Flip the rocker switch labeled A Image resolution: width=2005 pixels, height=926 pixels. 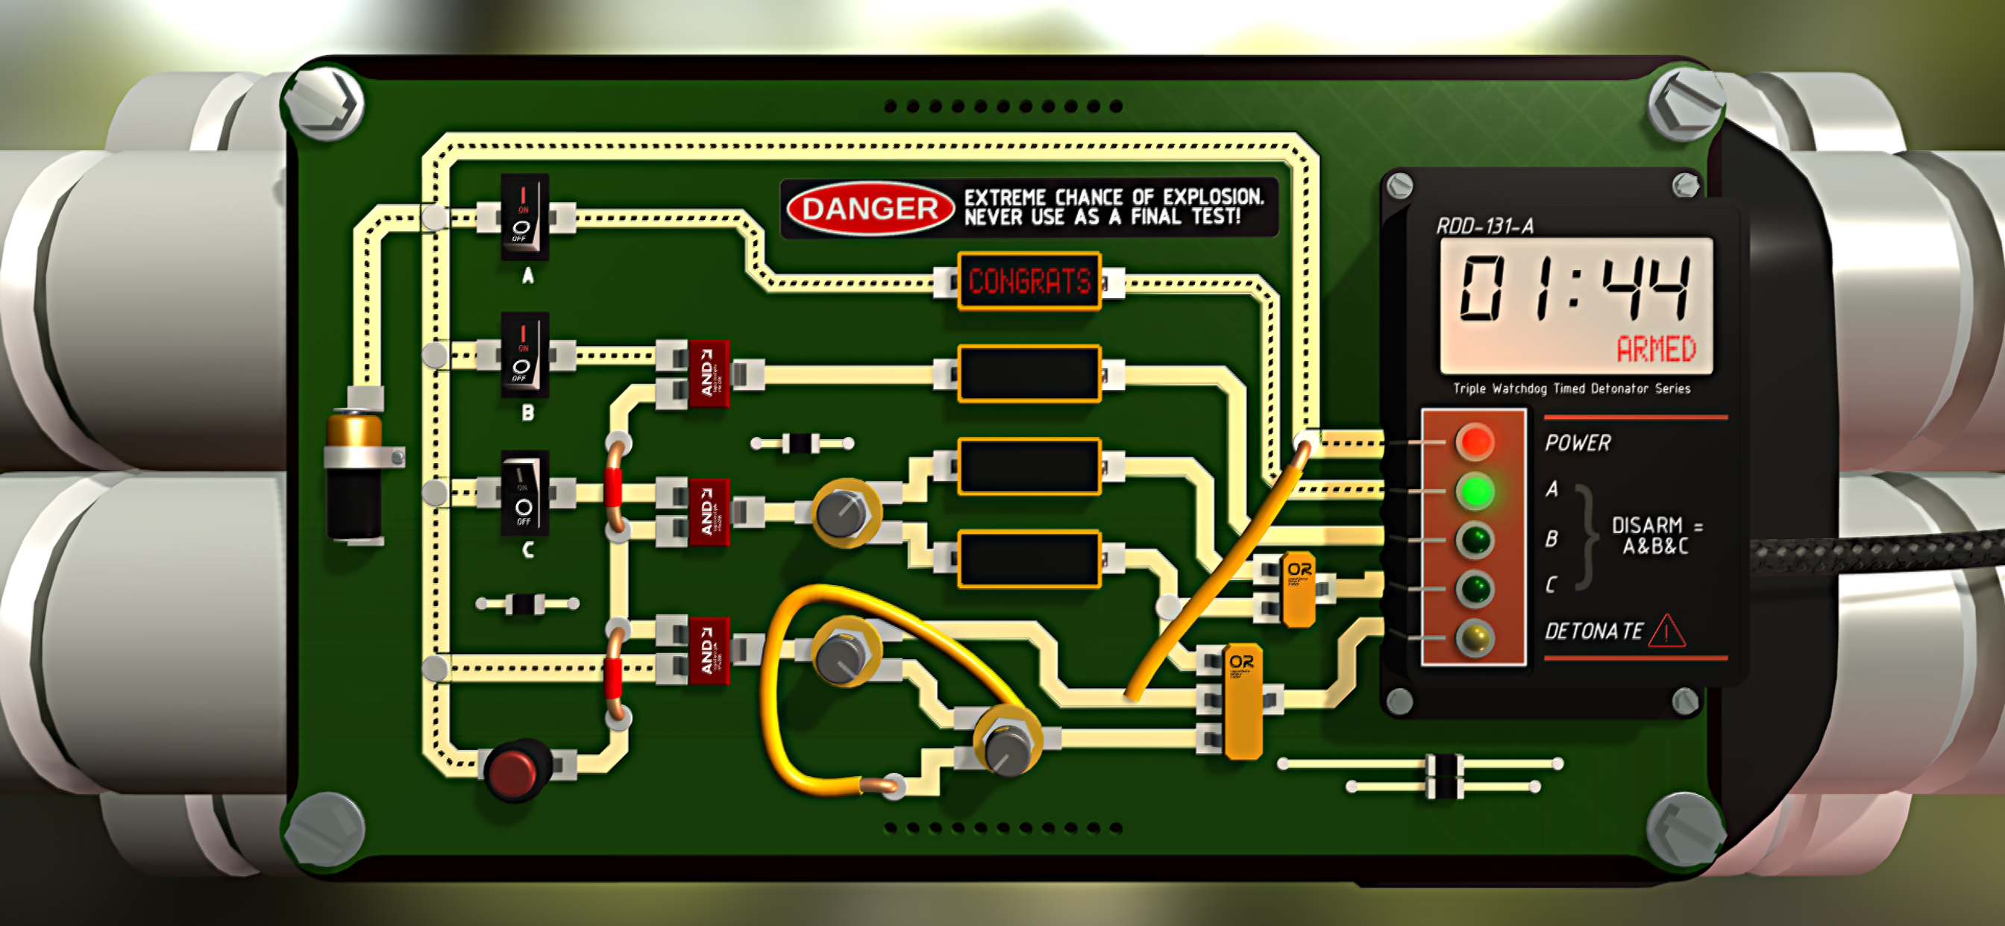524,216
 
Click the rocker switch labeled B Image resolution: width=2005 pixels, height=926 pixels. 524,356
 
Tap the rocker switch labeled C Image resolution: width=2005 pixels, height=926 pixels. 524,494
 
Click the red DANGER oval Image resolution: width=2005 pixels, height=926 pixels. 870,209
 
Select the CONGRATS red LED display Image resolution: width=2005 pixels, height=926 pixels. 1029,281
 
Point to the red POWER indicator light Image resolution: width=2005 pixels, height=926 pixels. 1474,442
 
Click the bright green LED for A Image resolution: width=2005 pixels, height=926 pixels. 1474,491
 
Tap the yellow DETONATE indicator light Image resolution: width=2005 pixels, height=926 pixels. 1474,638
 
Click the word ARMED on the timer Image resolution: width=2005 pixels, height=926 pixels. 1655,350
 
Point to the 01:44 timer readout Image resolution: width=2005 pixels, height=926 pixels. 1574,289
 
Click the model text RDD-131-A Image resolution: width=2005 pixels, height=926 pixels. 1484,227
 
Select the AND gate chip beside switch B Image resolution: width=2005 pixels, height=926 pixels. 708,374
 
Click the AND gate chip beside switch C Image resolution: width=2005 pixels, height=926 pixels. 708,512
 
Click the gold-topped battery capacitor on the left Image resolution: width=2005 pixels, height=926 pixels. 354,475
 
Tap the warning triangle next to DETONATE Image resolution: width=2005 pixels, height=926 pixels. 1666,631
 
